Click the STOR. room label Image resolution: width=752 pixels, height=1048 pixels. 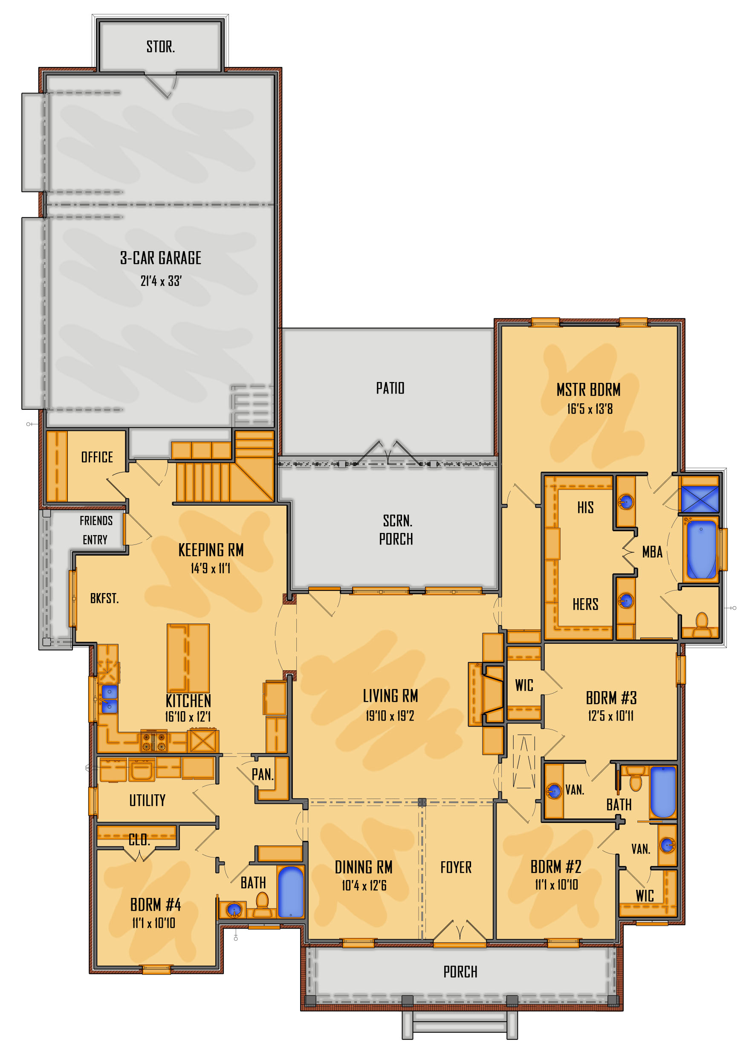160,46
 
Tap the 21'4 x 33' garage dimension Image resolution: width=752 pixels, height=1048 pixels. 161,281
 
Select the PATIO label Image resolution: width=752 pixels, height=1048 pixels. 390,388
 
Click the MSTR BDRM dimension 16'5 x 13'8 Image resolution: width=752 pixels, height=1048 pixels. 590,408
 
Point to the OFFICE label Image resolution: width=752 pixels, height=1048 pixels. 97,457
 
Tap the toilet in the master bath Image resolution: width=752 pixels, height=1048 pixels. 701,624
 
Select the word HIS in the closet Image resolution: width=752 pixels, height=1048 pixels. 585,507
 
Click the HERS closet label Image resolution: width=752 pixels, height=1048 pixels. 585,604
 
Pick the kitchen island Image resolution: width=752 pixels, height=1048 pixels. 188,658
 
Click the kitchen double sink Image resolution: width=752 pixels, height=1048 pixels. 109,699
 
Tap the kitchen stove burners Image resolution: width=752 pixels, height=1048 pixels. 154,741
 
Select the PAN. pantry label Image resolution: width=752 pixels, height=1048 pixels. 262,774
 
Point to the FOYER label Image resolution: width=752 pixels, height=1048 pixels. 456,867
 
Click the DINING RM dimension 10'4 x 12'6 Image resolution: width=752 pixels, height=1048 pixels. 364,886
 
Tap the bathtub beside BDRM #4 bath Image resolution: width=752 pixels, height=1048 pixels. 291,892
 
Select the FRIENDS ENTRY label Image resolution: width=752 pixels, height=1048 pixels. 95,530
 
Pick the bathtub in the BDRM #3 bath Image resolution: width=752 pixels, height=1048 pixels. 663,792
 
